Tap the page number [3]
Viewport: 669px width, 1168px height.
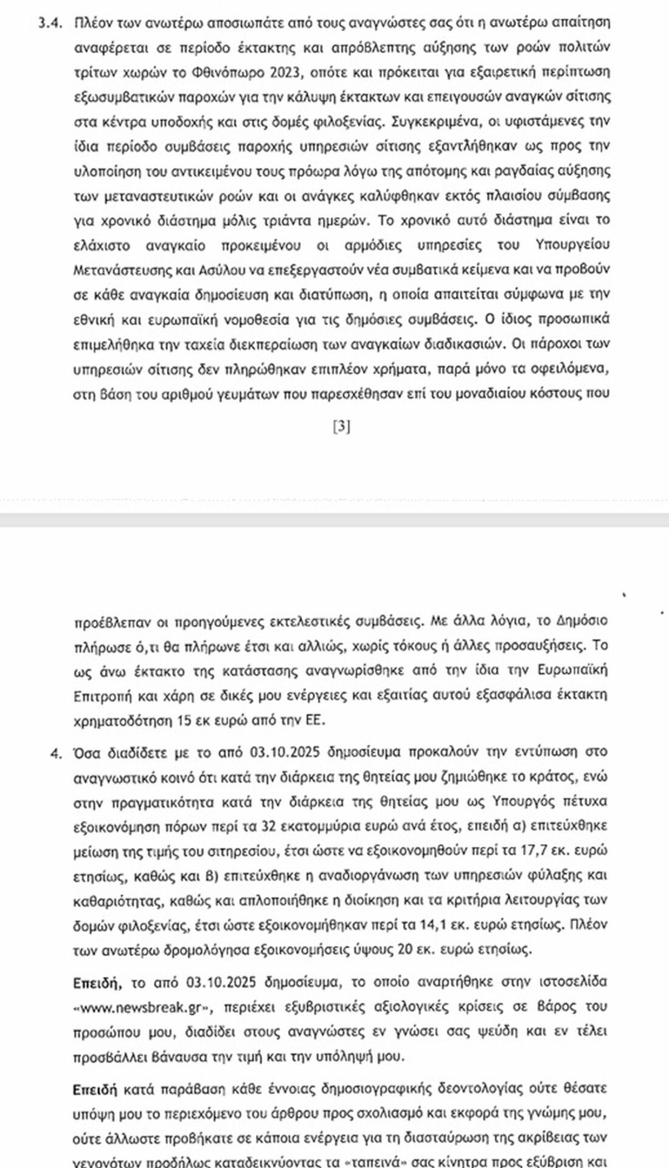(342, 428)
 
